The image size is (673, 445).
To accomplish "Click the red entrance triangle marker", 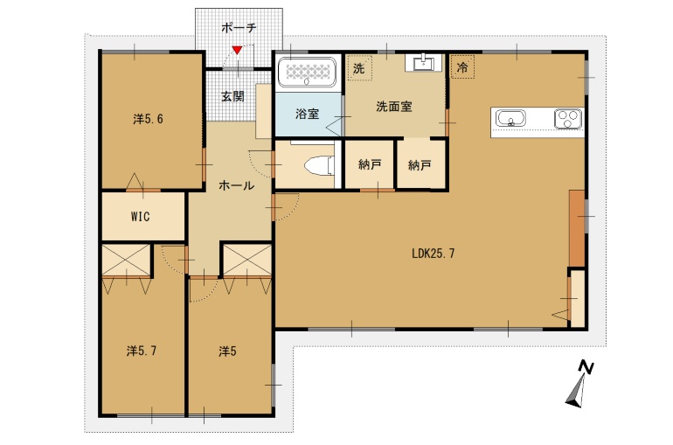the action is [237, 51].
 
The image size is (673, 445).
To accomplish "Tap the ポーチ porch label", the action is [239, 28].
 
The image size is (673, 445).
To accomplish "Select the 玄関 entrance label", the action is [233, 96].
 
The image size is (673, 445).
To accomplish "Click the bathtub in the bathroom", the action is [307, 72].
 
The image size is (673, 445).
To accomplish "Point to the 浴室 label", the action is [308, 114].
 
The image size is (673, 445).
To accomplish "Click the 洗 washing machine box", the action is [359, 68].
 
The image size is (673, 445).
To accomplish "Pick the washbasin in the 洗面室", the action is [423, 63].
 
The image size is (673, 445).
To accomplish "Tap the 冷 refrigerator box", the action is [462, 67].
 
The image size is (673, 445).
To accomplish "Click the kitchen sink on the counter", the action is [510, 118].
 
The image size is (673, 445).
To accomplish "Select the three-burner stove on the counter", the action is [568, 119].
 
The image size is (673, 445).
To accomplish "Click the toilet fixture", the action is [319, 166].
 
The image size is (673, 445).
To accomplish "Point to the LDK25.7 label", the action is [433, 254].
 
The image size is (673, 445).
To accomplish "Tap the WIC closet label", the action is [141, 216].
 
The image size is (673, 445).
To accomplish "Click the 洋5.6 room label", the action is [148, 119].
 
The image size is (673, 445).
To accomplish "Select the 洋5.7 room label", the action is [142, 351].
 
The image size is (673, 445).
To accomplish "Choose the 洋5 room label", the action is [227, 351].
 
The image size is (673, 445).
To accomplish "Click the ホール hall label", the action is [237, 185].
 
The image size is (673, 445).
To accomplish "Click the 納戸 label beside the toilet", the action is [370, 164].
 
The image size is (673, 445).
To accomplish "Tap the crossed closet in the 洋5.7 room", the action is [126, 261].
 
